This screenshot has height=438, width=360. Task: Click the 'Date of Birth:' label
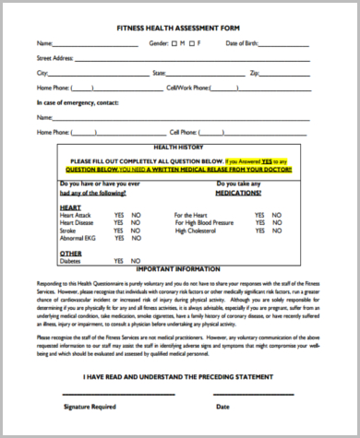[x=241, y=43]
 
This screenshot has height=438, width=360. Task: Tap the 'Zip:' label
[x=254, y=72]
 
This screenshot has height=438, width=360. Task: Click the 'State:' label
[x=159, y=72]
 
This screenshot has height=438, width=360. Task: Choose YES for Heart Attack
[x=118, y=214]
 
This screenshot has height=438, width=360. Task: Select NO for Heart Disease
[x=136, y=221]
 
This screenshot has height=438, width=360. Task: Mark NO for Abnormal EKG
[x=136, y=237]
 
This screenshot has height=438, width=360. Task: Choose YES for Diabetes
[x=118, y=260]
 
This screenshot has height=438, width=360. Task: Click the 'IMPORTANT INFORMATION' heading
[x=179, y=271]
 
